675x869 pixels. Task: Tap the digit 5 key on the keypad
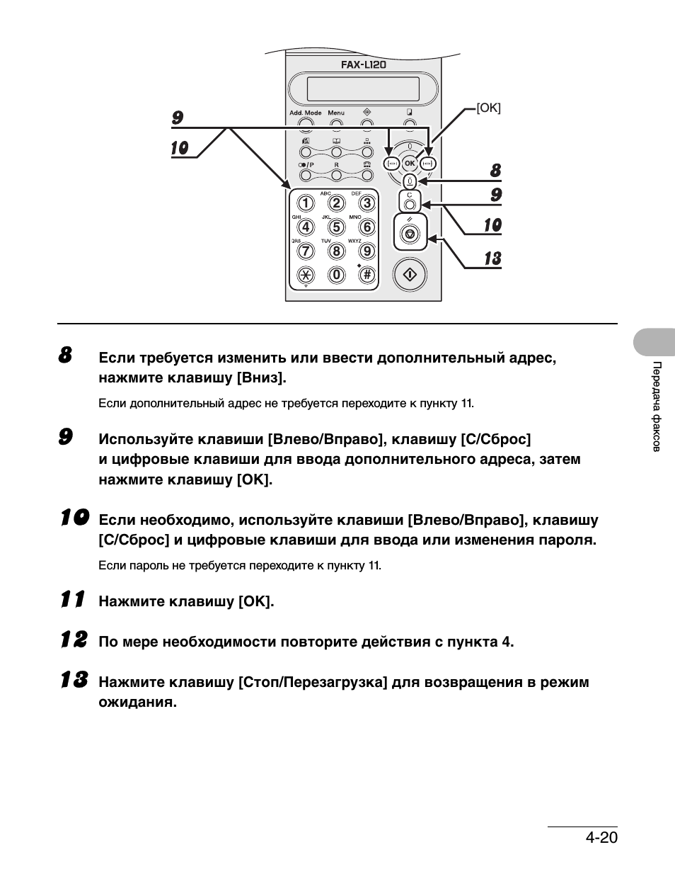[336, 227]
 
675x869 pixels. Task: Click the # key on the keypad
[367, 275]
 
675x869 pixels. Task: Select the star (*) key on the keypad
[305, 275]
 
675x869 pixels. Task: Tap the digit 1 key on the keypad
[305, 204]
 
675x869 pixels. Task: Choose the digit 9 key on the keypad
[367, 251]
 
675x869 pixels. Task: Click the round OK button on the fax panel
[410, 164]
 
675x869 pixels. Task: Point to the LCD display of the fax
[364, 89]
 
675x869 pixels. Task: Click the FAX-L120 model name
[364, 64]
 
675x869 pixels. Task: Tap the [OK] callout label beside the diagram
[489, 108]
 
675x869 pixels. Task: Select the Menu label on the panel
[336, 113]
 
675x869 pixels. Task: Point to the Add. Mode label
[305, 113]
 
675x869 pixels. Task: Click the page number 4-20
[601, 837]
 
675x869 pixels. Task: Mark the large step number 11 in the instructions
[72, 599]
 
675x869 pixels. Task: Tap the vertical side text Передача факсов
[657, 407]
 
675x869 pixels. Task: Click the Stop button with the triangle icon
[410, 234]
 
